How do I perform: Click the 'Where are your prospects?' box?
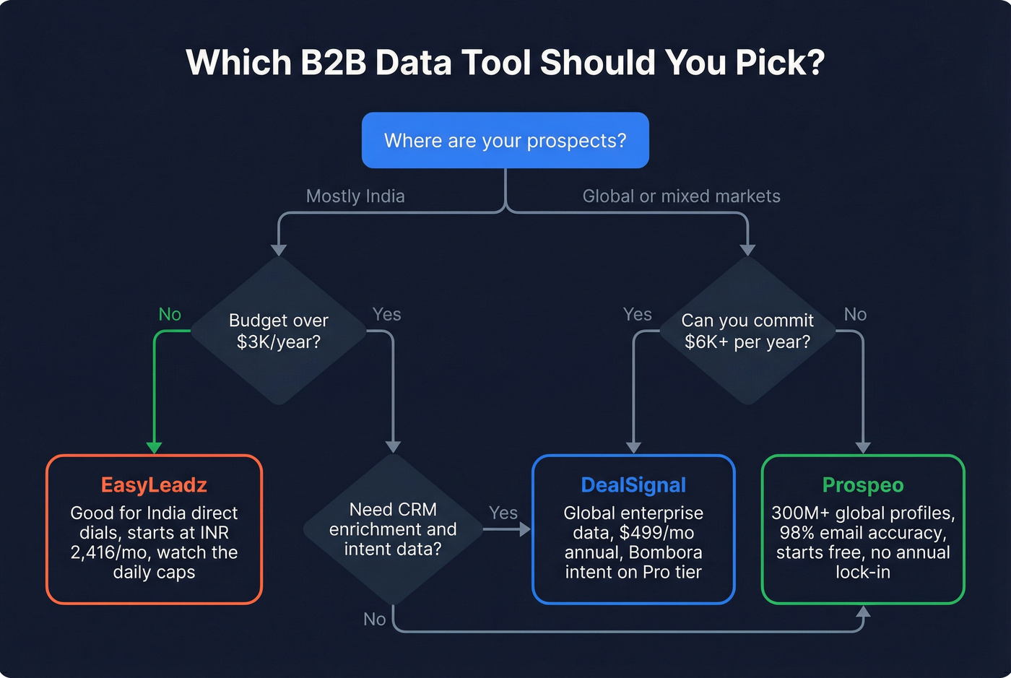tap(505, 140)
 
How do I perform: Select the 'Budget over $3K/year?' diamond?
tap(279, 331)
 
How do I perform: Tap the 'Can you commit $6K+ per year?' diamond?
tap(747, 331)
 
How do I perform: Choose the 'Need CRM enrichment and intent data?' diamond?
tap(393, 529)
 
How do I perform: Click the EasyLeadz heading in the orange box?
tap(154, 485)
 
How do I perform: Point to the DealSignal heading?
tap(633, 485)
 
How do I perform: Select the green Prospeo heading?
tap(863, 485)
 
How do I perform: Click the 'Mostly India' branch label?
tap(355, 196)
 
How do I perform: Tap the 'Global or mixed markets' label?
tap(681, 196)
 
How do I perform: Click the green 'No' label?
tap(170, 314)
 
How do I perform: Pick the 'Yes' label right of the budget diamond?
tap(386, 314)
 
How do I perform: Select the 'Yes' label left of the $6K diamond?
tap(637, 314)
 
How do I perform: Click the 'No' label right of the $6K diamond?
tap(855, 314)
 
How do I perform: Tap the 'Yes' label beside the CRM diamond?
tap(503, 513)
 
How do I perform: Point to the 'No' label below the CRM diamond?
tap(374, 619)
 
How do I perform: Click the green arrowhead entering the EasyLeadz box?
tap(154, 448)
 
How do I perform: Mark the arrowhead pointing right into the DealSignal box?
tap(524, 529)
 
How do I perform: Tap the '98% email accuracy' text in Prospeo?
tap(863, 533)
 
